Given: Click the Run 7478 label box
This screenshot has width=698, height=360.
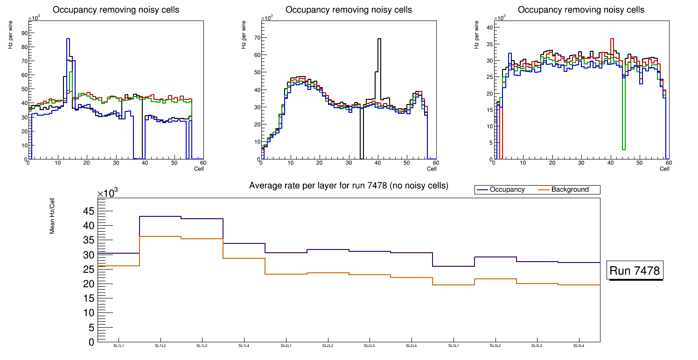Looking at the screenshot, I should pyautogui.click(x=635, y=271).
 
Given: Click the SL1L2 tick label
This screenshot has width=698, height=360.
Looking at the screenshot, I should pyautogui.click(x=161, y=346).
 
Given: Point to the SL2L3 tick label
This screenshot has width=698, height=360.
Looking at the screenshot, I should pyautogui.click(x=370, y=346).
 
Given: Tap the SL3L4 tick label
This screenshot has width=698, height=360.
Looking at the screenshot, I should pyautogui.click(x=579, y=346).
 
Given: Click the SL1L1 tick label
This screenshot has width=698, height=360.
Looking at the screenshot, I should pyautogui.click(x=119, y=346).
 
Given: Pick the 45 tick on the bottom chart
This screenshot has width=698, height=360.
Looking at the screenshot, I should pyautogui.click(x=88, y=211).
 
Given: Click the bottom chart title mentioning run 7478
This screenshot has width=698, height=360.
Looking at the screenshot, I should pyautogui.click(x=349, y=186).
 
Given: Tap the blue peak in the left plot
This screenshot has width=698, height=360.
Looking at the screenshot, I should pyautogui.click(x=68, y=39).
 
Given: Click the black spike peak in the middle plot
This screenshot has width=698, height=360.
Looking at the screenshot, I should pyautogui.click(x=379, y=39).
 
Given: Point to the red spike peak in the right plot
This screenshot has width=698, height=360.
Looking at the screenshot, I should pyautogui.click(x=612, y=39).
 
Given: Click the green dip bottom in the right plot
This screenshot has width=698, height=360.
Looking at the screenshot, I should pyautogui.click(x=623, y=149).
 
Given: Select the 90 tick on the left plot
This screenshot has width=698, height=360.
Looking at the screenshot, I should pyautogui.click(x=24, y=33).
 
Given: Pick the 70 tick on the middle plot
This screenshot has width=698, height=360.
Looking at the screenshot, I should pyautogui.click(x=256, y=37).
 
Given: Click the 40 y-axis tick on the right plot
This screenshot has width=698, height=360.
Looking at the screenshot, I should pyautogui.click(x=489, y=28).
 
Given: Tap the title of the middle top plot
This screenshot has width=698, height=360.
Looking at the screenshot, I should pyautogui.click(x=349, y=10).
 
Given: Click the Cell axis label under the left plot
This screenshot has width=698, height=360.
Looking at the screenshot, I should pyautogui.click(x=199, y=168).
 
